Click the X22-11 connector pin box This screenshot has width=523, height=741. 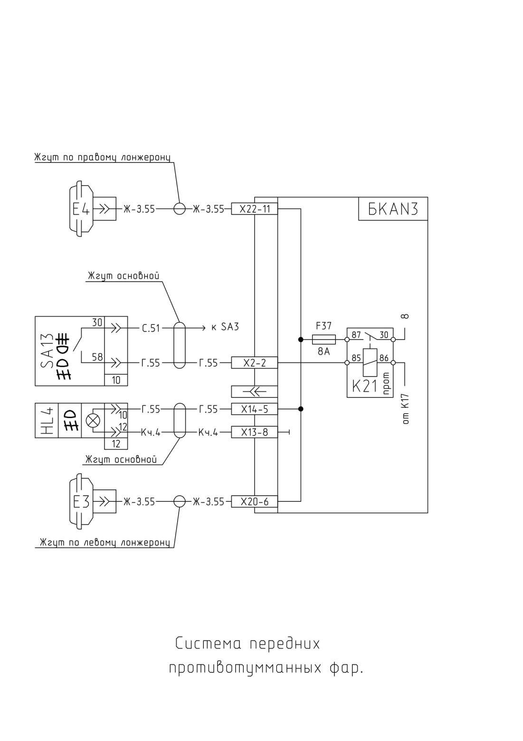point(254,209)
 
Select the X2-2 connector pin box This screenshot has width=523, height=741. point(254,363)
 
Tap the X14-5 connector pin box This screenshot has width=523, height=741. point(254,409)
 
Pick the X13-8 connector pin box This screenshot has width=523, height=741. point(254,432)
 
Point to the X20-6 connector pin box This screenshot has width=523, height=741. point(254,501)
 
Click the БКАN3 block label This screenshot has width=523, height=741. point(393,209)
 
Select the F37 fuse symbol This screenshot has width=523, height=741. point(324,340)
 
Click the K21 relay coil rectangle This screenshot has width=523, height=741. point(370,362)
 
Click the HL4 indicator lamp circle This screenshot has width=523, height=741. point(93,421)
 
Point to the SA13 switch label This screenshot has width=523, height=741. point(47,351)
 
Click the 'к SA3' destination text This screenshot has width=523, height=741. point(225,327)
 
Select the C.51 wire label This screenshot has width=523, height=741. point(151,328)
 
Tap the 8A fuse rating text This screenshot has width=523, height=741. point(324,351)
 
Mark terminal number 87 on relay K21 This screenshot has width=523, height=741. point(356,335)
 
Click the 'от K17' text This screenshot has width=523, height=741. point(406,409)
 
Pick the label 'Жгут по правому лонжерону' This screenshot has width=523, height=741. point(103,157)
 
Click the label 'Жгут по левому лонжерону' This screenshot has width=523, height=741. point(105,542)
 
